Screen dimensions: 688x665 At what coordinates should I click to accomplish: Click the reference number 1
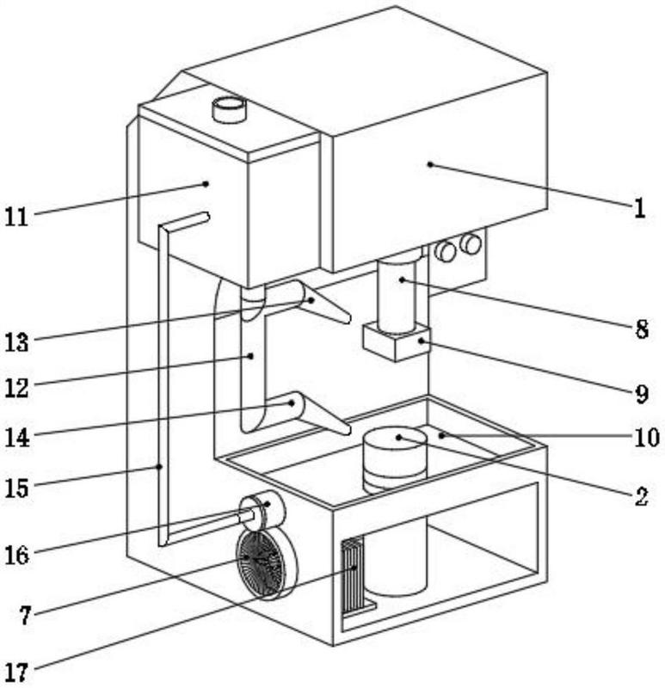tap(638, 208)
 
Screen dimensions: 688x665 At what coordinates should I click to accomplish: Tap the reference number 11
tap(16, 216)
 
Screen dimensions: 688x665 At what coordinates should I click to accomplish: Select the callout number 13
tap(16, 342)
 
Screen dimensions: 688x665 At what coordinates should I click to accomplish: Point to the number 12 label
tap(16, 388)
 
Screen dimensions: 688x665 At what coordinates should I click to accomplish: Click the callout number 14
tap(16, 437)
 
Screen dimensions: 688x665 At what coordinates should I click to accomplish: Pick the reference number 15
tap(16, 488)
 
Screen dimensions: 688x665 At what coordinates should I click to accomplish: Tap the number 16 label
tap(16, 555)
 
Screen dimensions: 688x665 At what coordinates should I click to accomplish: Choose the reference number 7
tap(26, 614)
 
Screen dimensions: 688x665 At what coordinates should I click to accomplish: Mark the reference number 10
tap(644, 438)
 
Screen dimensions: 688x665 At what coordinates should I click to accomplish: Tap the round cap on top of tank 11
tap(230, 109)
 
